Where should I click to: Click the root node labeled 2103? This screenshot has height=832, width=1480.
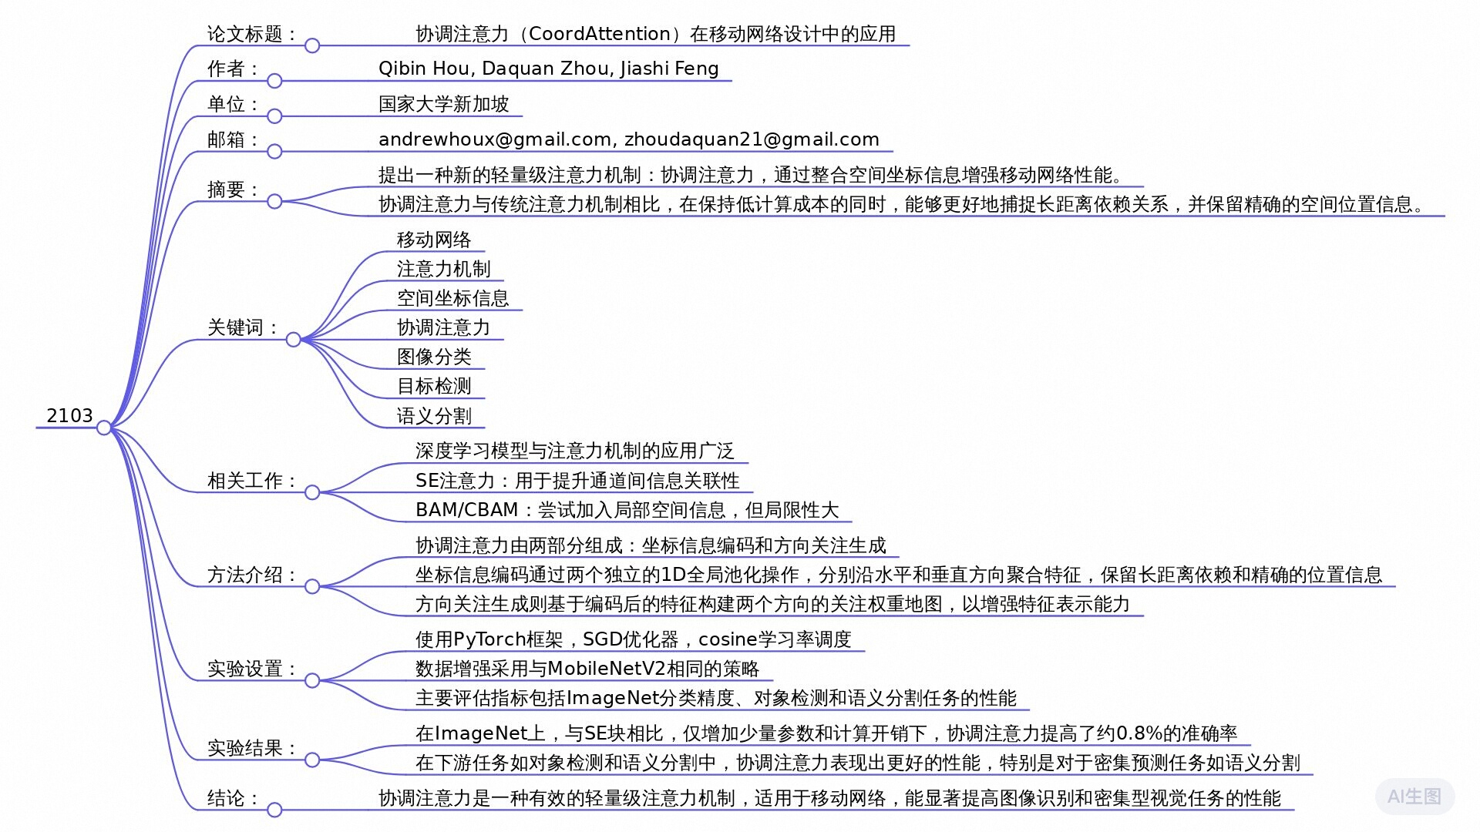coord(69,416)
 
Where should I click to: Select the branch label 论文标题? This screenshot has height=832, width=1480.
coord(245,34)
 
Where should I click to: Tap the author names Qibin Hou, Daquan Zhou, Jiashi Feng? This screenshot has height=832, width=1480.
coord(548,69)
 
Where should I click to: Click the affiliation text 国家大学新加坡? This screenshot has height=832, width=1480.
coord(443,104)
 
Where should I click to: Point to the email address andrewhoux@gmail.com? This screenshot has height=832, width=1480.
coord(495,139)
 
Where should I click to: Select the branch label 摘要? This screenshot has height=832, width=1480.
coord(227,190)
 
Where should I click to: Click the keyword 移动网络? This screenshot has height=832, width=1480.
coord(434,240)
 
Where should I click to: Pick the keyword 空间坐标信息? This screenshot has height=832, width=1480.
coord(452,298)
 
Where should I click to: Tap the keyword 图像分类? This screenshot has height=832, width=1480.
coord(434,357)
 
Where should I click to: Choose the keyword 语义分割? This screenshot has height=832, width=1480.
coord(434,416)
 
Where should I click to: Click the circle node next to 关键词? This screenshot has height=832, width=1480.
coord(293,340)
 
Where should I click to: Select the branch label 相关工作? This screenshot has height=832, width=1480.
coord(245,481)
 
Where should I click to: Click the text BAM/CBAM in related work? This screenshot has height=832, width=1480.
coord(466,510)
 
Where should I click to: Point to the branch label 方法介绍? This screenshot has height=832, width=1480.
coord(245,575)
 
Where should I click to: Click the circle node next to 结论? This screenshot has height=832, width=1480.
coord(274,810)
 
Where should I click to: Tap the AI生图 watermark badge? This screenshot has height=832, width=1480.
coord(1414,797)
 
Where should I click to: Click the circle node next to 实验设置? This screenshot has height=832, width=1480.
coord(312,680)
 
